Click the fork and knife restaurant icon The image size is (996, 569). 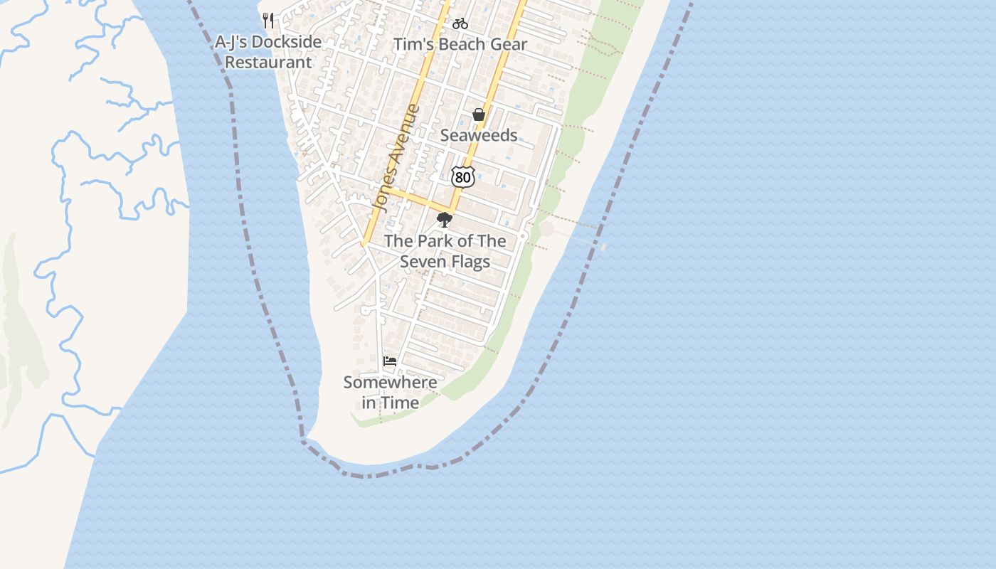pos(268,21)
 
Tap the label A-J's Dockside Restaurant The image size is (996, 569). pos(268,52)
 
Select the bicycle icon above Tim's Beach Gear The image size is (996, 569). pos(460,23)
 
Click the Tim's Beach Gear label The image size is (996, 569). pos(461,44)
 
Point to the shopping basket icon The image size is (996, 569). pos(479,115)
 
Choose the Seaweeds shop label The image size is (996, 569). pos(479,135)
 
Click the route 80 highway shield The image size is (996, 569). pos(462,177)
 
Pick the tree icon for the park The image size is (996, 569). pos(445,220)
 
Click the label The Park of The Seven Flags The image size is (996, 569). pos(445,251)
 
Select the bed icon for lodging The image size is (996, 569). pos(390,361)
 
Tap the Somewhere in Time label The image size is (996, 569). pos(390,392)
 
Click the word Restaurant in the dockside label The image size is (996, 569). pos(268,63)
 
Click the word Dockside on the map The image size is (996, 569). pos(287,42)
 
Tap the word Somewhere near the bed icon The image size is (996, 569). pos(390,382)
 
